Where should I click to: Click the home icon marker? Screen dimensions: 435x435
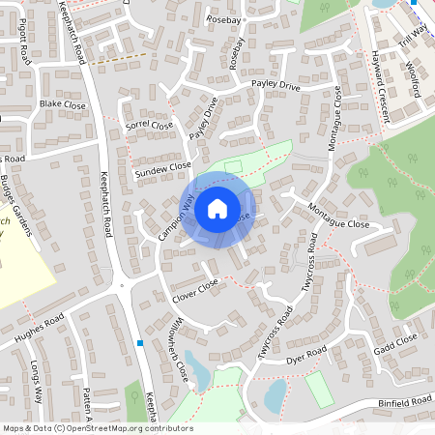217,208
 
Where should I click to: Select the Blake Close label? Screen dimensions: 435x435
63,104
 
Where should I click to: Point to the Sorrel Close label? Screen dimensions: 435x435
150,126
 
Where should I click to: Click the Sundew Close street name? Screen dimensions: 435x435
163,168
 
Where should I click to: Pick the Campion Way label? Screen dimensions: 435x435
175,218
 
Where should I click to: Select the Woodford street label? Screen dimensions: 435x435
410,80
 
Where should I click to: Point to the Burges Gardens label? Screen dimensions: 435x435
18,207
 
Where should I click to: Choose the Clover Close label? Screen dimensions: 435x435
195,288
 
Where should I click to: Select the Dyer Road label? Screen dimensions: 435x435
307,355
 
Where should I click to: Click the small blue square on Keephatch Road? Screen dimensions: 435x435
141,342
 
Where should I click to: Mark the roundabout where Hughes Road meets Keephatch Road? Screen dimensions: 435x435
121,284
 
